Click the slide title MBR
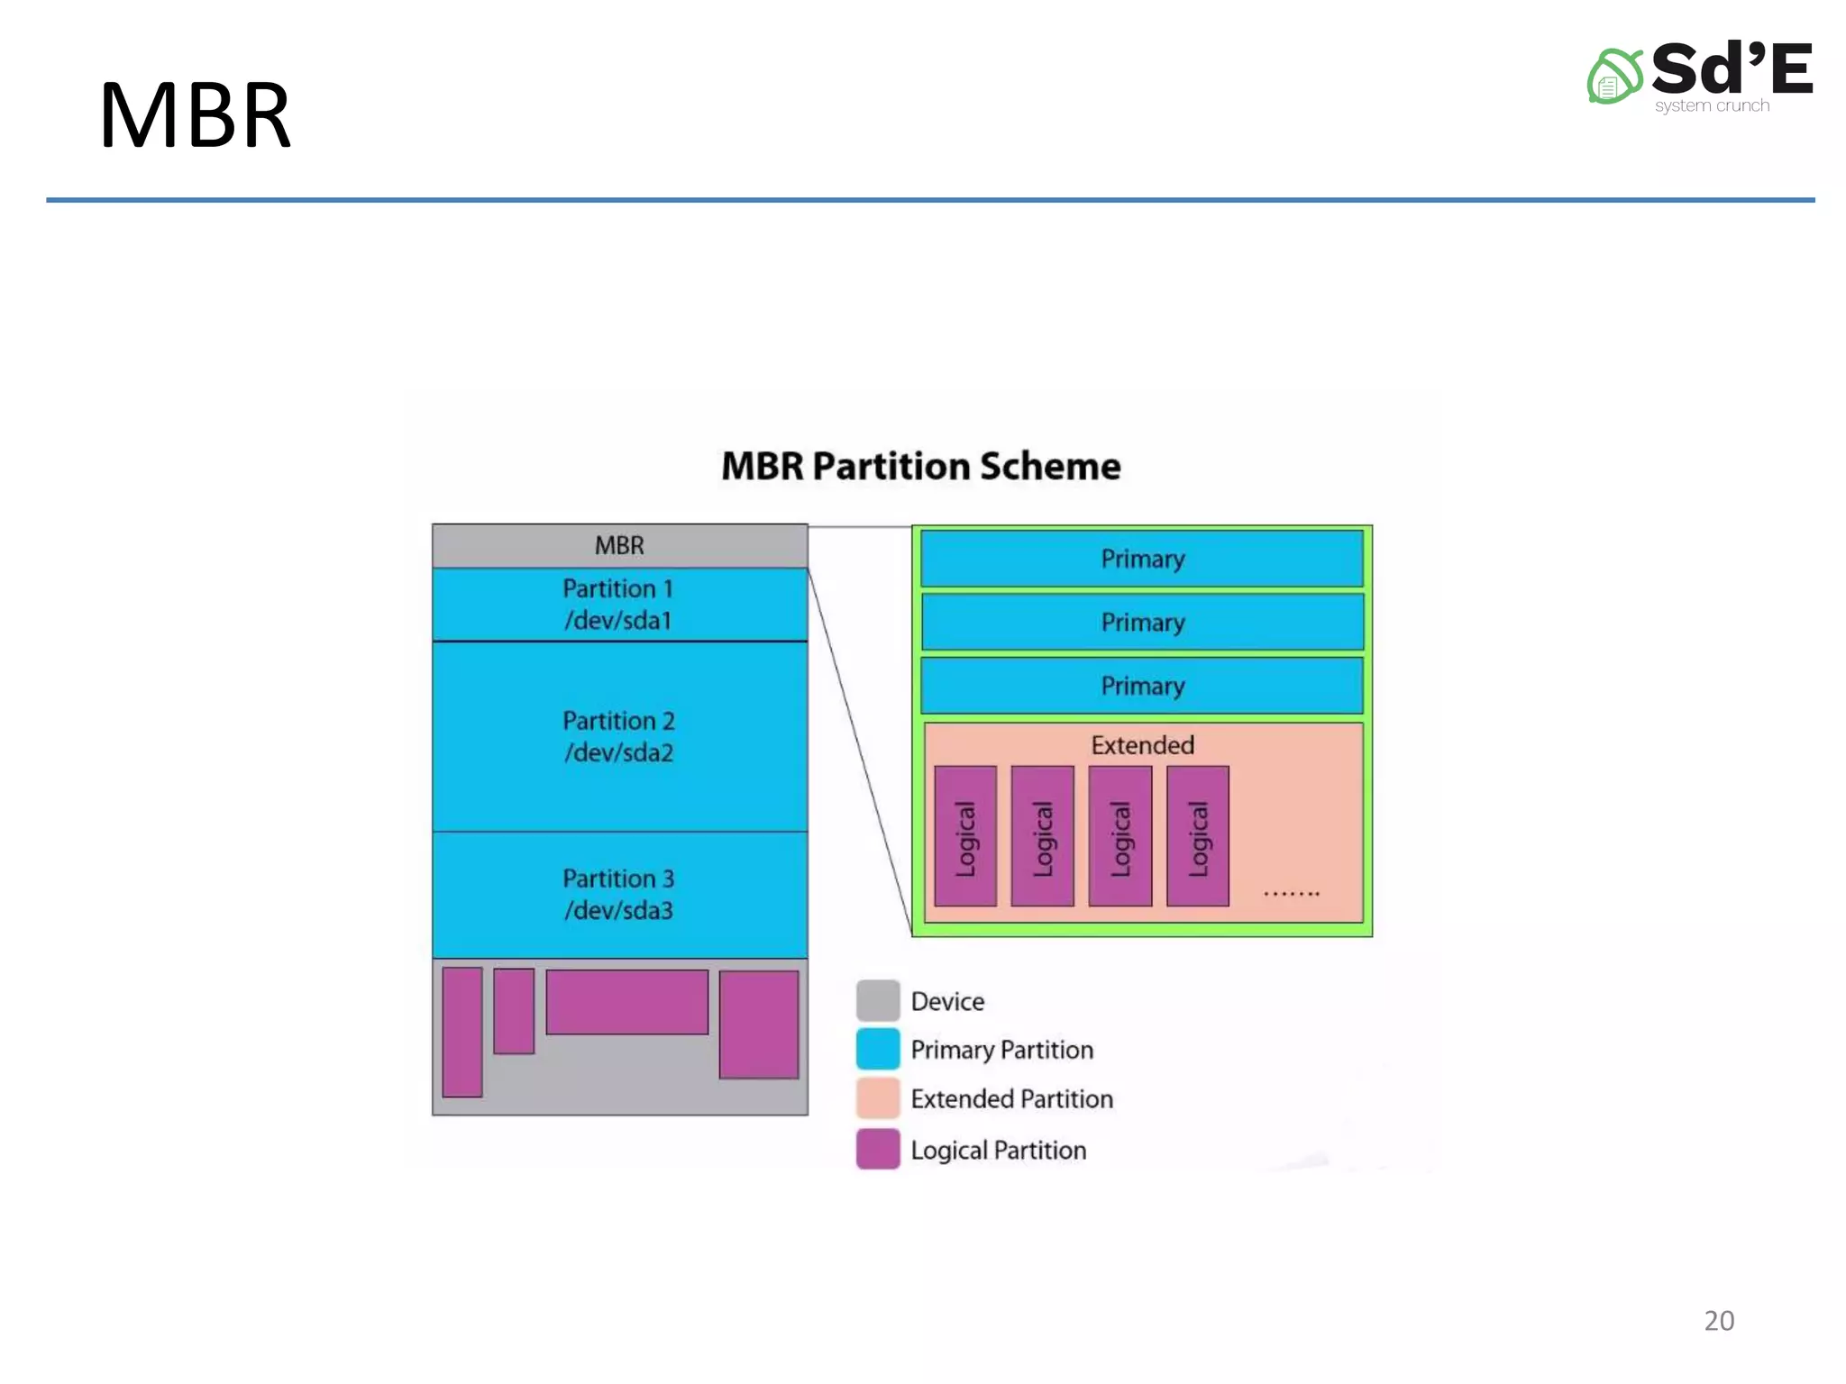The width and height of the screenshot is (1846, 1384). [x=195, y=116]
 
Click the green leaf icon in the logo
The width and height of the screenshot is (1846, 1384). [x=1613, y=77]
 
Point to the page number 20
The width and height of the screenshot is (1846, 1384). [x=1718, y=1320]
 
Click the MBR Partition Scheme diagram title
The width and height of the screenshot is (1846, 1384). [x=920, y=466]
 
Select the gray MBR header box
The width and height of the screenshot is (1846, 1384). [x=619, y=545]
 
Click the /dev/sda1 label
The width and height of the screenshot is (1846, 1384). [x=617, y=620]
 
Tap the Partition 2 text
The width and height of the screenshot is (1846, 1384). [x=618, y=720]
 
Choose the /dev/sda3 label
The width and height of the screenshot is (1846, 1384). [x=618, y=910]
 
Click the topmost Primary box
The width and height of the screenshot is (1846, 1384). [x=1142, y=559]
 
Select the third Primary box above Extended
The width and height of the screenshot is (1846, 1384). [x=1142, y=686]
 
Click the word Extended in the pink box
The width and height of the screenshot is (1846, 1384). [x=1142, y=745]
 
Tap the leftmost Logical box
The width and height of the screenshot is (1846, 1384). [x=965, y=836]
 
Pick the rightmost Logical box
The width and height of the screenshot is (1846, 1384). [x=1197, y=836]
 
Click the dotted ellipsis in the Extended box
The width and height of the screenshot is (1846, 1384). [x=1291, y=893]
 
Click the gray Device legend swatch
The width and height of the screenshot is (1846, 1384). [x=877, y=1000]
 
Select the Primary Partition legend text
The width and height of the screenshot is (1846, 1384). [x=1001, y=1050]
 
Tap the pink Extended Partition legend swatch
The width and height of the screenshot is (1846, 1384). [x=877, y=1098]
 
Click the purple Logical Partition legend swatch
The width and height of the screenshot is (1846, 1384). [x=877, y=1149]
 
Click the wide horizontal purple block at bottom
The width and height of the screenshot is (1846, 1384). [x=626, y=1002]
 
